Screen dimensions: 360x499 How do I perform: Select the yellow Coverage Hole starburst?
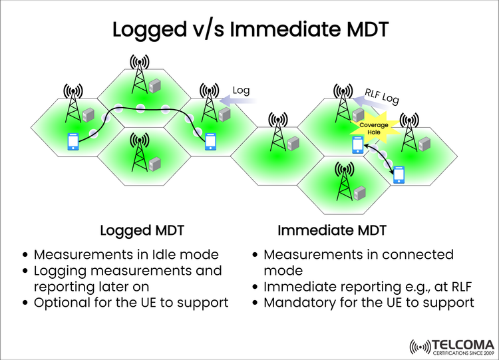(369, 128)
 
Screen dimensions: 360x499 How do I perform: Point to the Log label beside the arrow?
(240, 90)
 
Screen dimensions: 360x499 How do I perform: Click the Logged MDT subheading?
(142, 231)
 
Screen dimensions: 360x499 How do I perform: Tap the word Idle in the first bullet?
(168, 255)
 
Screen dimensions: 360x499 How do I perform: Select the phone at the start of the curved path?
(73, 142)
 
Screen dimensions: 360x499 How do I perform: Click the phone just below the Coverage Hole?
(358, 145)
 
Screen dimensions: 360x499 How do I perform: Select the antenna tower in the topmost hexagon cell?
(138, 74)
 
